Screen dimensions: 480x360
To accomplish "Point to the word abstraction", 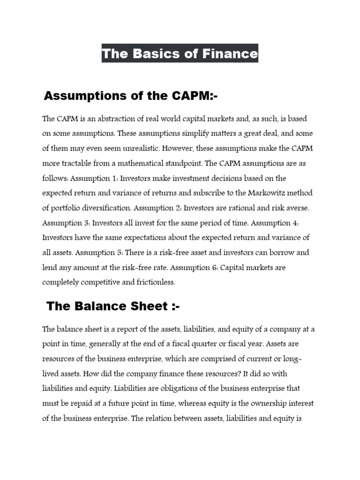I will coord(110,119).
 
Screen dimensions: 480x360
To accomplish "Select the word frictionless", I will coord(153,282).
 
